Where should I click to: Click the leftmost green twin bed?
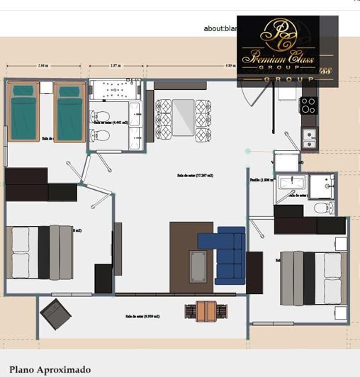pyautogui.click(x=24, y=111)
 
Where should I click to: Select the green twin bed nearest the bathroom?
pyautogui.click(x=69, y=111)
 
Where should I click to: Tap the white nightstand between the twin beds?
pyautogui.click(x=46, y=88)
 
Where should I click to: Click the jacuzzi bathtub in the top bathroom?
pyautogui.click(x=114, y=92)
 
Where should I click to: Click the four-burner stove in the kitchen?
pyautogui.click(x=308, y=106)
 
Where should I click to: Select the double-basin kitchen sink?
pyautogui.click(x=310, y=139)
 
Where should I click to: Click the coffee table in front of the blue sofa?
pyautogui.click(x=199, y=266)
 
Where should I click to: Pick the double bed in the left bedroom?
pyautogui.click(x=40, y=252)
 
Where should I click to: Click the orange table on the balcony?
pyautogui.click(x=206, y=310)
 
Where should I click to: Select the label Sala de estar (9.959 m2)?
pyautogui.click(x=142, y=317)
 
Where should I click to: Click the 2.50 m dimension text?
pyautogui.click(x=43, y=66)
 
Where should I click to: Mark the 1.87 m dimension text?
pyautogui.click(x=114, y=66)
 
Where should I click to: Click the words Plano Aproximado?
pyautogui.click(x=50, y=369)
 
